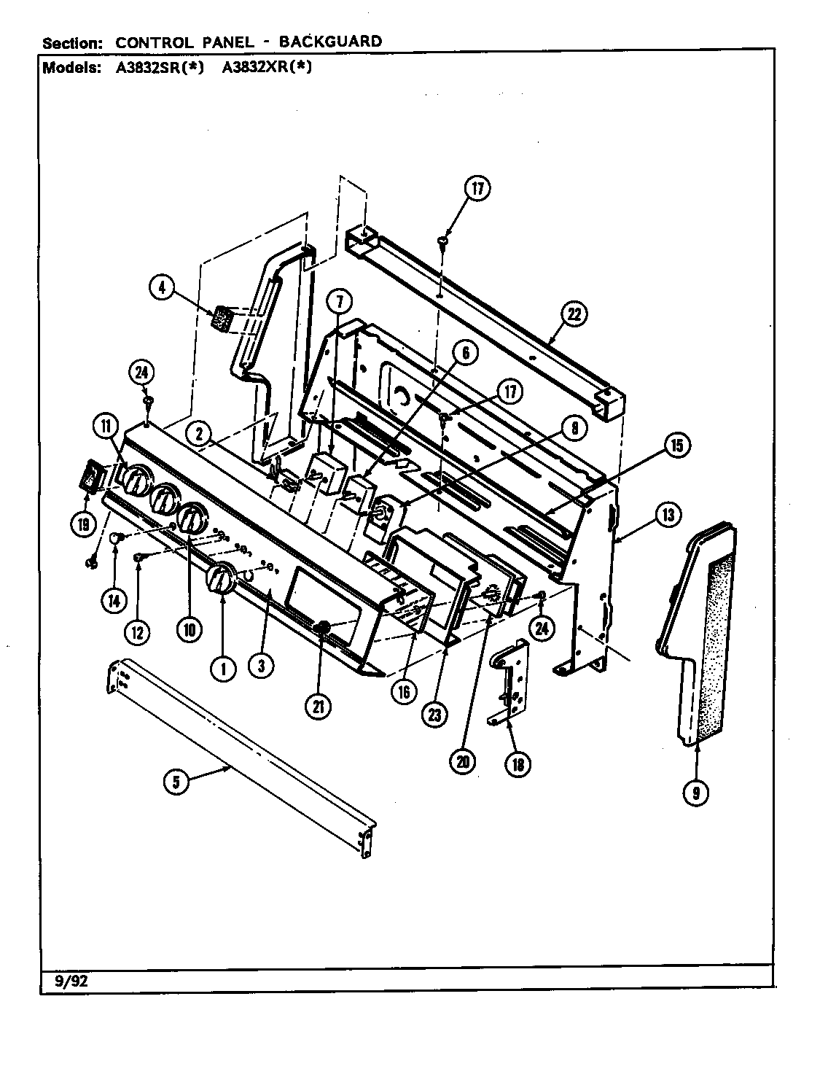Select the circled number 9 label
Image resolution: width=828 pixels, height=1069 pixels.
point(696,792)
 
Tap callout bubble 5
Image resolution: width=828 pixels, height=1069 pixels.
point(176,782)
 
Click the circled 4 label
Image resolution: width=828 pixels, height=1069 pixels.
point(163,288)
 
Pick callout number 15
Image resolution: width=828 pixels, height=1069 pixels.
point(676,446)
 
